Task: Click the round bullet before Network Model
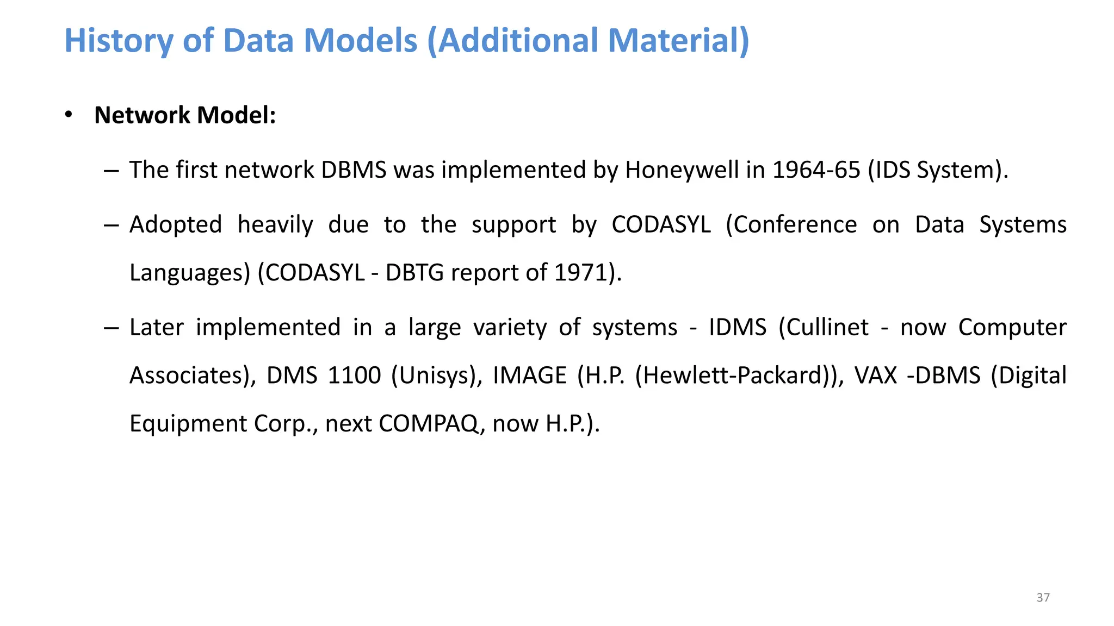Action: click(69, 115)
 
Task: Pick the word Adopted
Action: click(176, 225)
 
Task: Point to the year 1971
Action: click(580, 273)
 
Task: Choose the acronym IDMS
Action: click(737, 328)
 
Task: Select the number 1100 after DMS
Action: click(354, 375)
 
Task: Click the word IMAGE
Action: click(530, 375)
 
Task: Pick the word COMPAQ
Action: click(428, 424)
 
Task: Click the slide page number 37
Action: click(1043, 598)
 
